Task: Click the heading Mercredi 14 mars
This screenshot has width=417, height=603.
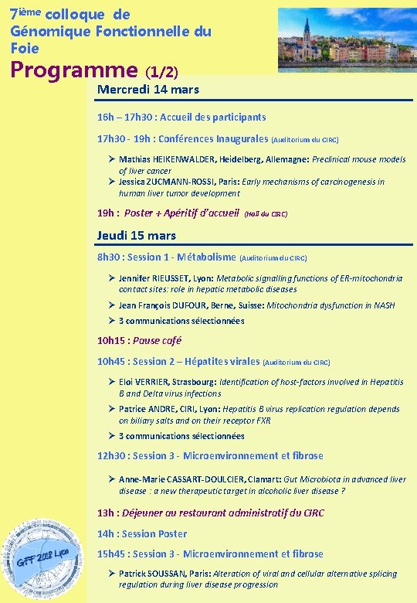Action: [148, 90]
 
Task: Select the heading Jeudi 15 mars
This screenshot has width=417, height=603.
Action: [137, 235]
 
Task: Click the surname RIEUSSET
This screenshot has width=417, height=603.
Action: [184, 278]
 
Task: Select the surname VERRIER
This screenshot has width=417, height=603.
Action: [156, 382]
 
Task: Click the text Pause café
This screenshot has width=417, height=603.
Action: [159, 340]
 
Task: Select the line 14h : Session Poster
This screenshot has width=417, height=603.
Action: [142, 533]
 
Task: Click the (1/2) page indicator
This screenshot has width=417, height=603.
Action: [162, 72]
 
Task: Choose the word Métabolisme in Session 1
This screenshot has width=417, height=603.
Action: [206, 257]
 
